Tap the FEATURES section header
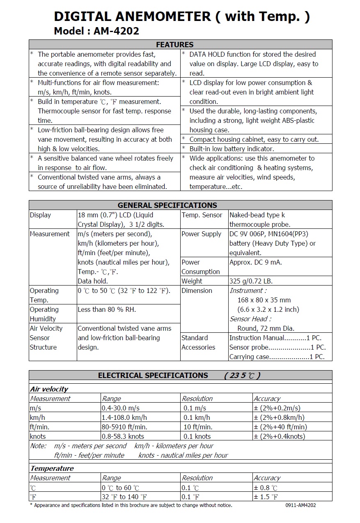coord(175,45)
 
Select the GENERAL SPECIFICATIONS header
coord(167,205)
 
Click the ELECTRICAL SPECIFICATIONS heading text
coord(153,375)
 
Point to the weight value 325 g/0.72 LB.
coord(251,281)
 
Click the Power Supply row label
coord(202,234)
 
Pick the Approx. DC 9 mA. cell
coord(255,262)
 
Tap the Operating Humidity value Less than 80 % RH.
coord(107,309)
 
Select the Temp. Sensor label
coord(202,215)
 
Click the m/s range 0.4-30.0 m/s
coord(121,408)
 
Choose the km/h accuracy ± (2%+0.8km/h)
coord(279,417)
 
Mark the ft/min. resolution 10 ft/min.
coord(198,427)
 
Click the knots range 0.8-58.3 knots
coord(123,436)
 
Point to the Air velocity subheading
coord(49,389)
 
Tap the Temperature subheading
coord(52,468)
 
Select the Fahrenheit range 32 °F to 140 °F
coord(124,497)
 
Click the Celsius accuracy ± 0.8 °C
coord(266,488)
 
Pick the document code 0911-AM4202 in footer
coord(300,505)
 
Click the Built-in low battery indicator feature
coord(232,149)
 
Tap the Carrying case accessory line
coord(277,357)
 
